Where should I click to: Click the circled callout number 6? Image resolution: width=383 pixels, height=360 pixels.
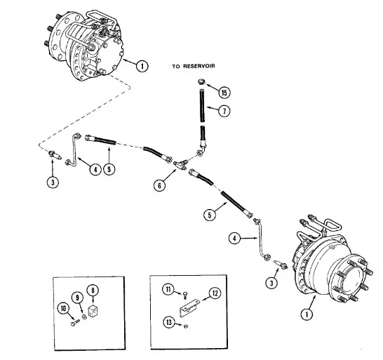tap(159, 185)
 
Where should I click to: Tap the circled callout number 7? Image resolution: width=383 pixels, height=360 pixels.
tap(224, 111)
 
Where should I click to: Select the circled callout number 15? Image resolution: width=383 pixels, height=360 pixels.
tap(224, 93)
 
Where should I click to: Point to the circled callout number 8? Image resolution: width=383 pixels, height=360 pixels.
tap(93, 291)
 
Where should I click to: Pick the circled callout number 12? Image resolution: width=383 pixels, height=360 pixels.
tap(215, 293)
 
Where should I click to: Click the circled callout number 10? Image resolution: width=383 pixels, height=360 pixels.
tap(63, 309)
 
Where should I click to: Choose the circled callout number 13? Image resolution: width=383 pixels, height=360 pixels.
tap(169, 322)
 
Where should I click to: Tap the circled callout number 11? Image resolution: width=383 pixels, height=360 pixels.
tap(168, 290)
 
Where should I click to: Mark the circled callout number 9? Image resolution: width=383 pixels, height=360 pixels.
tap(77, 298)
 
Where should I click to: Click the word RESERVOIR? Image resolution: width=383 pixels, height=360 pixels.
tap(199, 66)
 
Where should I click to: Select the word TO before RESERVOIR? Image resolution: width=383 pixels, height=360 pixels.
tap(176, 66)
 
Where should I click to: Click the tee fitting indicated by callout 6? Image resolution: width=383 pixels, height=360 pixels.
tap(180, 164)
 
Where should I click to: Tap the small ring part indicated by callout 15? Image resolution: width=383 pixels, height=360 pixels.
tap(201, 81)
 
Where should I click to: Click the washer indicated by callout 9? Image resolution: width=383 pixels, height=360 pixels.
tap(84, 316)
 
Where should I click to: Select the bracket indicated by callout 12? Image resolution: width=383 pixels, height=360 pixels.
tap(190, 308)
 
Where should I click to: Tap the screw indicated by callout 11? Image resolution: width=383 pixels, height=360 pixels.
tap(185, 295)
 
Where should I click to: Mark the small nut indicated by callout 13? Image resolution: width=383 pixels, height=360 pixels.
tap(186, 326)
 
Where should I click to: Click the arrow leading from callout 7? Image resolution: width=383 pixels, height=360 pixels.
tap(213, 109)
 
